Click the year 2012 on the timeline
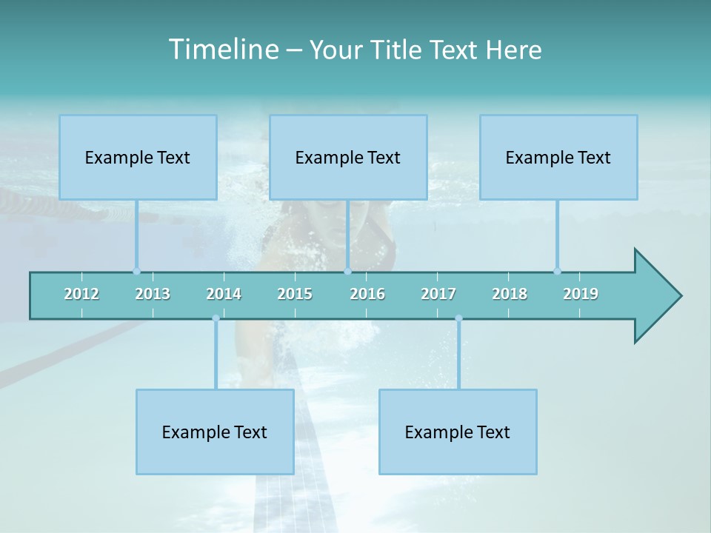(x=81, y=294)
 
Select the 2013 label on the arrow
(x=153, y=294)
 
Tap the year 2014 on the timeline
(x=224, y=294)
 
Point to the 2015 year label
(x=295, y=294)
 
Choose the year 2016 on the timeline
(x=367, y=294)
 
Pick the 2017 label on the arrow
(x=438, y=294)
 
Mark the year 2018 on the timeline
(x=510, y=294)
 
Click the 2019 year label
(x=581, y=294)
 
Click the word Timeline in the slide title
(x=222, y=50)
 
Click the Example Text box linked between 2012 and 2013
(x=138, y=157)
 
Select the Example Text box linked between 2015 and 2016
(x=348, y=157)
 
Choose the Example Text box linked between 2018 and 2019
(x=558, y=157)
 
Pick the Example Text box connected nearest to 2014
(x=215, y=432)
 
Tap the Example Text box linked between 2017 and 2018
(x=458, y=432)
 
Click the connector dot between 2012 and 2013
(x=136, y=271)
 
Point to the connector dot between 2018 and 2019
(x=557, y=271)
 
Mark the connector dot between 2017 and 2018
(x=458, y=318)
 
